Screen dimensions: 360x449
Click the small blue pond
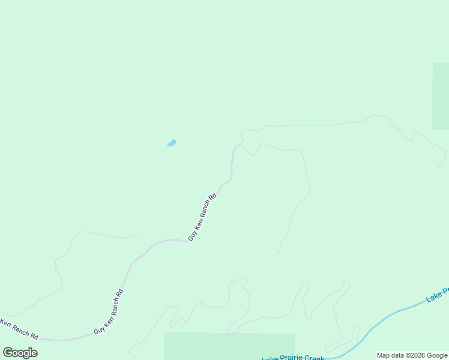tap(172, 143)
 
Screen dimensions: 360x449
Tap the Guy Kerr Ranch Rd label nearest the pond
tap(202, 217)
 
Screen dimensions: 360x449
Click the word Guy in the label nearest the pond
tap(192, 235)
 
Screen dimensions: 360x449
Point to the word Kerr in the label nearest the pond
tap(198, 224)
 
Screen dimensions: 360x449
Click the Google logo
tap(20, 353)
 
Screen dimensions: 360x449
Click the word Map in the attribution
tap(384, 355)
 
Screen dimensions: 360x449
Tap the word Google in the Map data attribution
tap(438, 355)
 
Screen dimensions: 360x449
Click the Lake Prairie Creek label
tap(293, 358)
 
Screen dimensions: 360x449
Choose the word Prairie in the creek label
tap(291, 358)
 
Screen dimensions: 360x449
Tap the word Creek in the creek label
tap(315, 358)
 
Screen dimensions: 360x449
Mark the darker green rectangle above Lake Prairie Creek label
tap(229, 346)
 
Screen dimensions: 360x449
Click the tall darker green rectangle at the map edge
tap(440, 96)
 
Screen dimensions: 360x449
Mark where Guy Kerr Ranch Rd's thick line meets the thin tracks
tap(241, 143)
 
